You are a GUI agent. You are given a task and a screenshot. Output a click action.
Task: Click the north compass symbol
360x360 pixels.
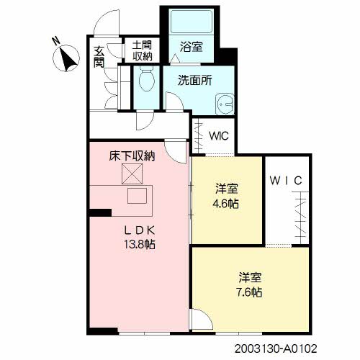point(66,58)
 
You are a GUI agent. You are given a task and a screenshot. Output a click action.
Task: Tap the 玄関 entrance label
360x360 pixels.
point(99,57)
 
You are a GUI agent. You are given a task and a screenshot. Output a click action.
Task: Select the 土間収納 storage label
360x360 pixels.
point(143,50)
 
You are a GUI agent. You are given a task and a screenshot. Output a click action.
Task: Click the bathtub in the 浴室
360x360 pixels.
point(192,21)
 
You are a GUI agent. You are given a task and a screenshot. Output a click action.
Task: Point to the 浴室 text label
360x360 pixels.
point(192,46)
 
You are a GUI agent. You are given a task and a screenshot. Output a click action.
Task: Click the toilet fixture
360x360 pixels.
point(147,78)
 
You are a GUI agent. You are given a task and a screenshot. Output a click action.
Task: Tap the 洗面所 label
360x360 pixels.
point(195,81)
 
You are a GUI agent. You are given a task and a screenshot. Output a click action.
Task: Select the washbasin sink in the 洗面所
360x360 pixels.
point(225,104)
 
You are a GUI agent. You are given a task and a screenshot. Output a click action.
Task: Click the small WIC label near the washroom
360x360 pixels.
point(219,136)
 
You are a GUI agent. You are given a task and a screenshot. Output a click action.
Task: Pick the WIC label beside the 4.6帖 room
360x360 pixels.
point(286,181)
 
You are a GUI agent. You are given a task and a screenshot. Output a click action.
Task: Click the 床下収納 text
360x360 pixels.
point(132,156)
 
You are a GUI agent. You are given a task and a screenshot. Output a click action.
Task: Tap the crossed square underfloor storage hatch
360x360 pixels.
point(132,174)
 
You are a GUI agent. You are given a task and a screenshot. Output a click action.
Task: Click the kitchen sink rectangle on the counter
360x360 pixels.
point(137,196)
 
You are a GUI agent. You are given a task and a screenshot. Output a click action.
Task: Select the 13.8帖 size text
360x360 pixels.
point(140,245)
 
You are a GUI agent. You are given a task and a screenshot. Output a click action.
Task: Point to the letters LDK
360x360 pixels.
point(140,230)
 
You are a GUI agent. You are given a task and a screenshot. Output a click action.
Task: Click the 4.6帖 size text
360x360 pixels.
point(225,204)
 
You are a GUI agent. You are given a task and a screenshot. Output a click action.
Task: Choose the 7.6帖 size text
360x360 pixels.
point(249,292)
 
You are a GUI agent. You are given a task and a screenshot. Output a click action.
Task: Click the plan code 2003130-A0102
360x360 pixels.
point(276,348)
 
